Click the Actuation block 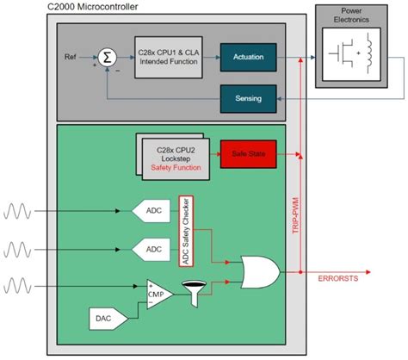coord(248,57)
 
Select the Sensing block coord(248,98)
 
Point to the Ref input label coord(72,57)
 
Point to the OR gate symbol coord(258,272)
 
